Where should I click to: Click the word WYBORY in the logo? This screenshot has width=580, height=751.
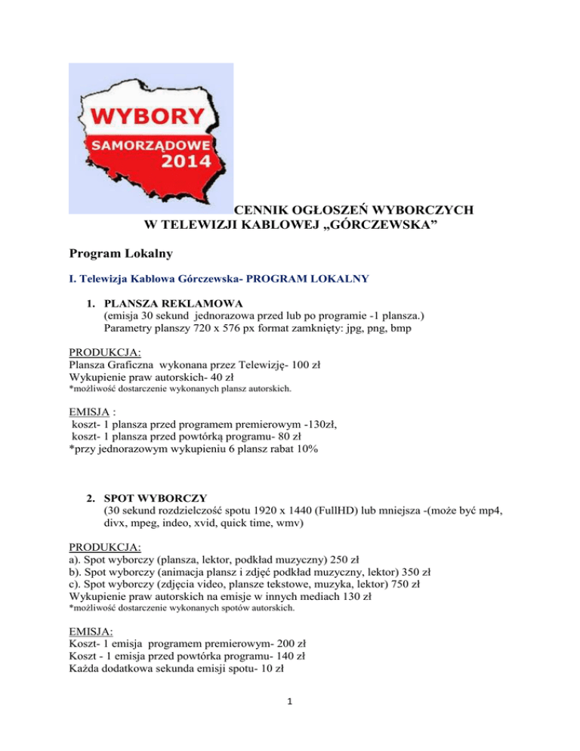[x=149, y=117]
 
